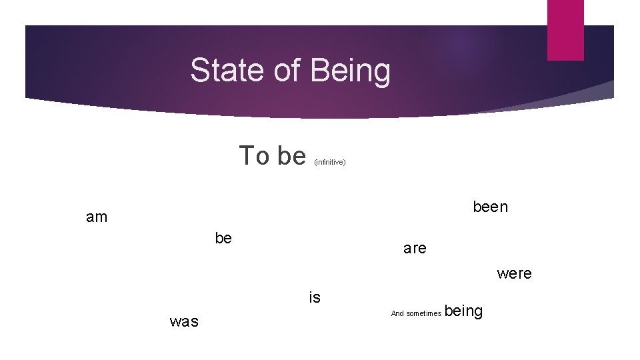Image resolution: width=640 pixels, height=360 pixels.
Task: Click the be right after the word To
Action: tap(291, 155)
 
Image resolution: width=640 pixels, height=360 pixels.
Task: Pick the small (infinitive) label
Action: tap(329, 162)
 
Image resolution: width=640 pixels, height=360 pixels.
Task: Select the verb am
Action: tap(97, 217)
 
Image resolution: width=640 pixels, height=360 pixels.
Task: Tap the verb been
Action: tap(490, 207)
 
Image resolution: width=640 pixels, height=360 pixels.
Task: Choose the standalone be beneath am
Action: tap(223, 238)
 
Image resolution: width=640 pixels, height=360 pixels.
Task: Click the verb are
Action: tap(415, 249)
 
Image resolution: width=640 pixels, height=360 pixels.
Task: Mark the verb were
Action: tap(514, 273)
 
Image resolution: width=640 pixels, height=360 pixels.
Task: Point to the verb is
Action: tap(315, 298)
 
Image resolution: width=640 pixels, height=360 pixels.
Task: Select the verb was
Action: tap(184, 321)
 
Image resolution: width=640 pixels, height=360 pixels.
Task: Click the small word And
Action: tap(397, 313)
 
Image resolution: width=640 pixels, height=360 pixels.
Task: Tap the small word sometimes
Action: tap(423, 313)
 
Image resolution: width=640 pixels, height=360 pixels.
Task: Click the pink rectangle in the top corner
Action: tap(565, 29)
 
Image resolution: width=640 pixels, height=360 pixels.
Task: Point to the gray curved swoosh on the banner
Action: tap(573, 97)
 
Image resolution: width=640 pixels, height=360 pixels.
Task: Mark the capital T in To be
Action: tap(247, 155)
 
